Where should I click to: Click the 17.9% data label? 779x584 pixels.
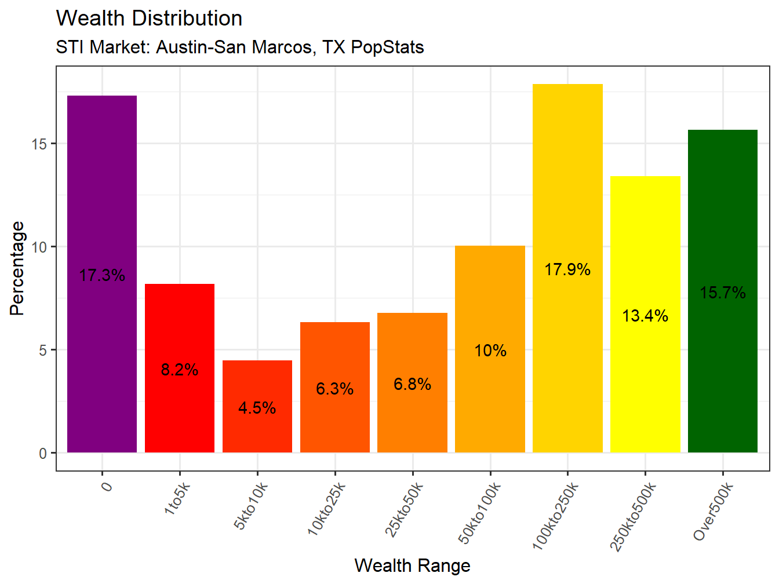(567, 269)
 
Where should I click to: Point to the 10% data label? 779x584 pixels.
(490, 351)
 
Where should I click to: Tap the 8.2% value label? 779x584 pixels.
(180, 370)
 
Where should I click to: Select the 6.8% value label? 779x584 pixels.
(412, 384)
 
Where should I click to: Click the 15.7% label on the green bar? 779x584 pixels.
(722, 293)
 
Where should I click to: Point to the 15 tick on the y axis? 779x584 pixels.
(39, 144)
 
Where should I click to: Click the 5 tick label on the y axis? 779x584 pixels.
(43, 351)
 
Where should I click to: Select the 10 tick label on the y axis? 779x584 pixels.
(39, 247)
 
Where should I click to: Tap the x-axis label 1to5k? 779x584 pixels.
(176, 498)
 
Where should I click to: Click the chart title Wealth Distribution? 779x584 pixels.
(149, 19)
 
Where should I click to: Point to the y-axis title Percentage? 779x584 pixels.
(17, 268)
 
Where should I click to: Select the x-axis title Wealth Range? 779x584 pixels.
(412, 565)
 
